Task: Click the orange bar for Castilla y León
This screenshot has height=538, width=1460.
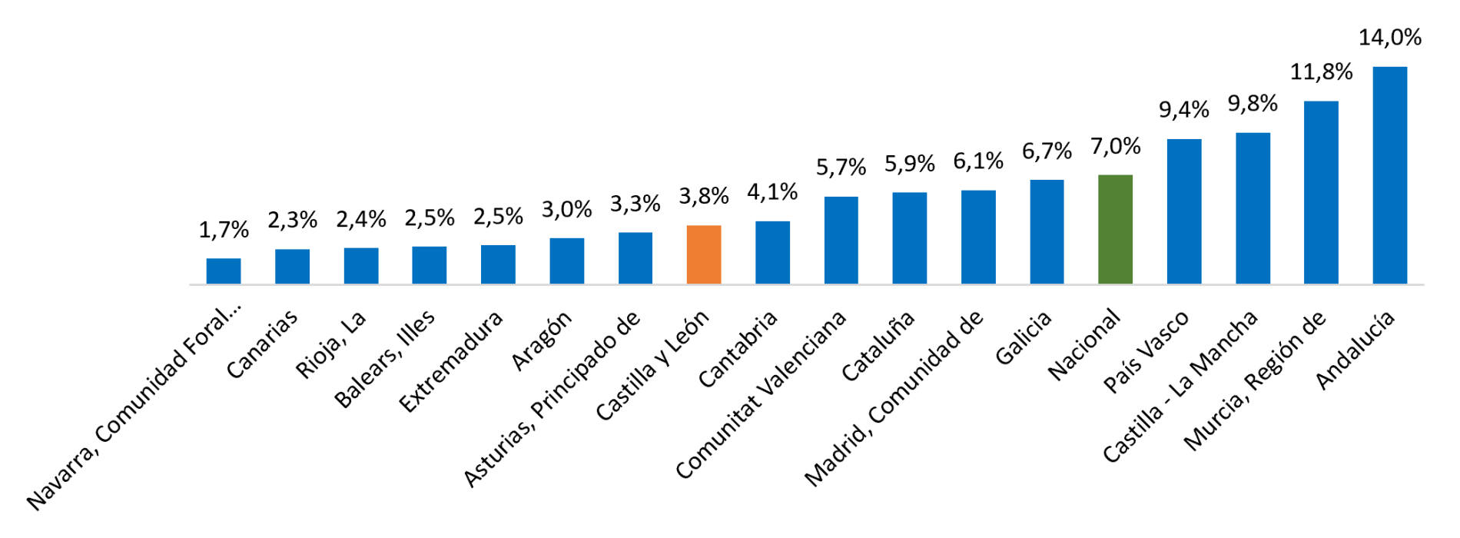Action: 704,254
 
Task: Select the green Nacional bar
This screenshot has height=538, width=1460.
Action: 1115,230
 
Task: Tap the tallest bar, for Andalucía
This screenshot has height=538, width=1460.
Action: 1389,175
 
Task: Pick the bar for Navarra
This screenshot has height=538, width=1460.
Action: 224,271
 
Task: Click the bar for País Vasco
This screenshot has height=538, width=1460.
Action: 1184,211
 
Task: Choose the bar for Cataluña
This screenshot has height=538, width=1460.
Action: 910,238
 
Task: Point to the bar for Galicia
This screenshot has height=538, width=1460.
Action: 1047,232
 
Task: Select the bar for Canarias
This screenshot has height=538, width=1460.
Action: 292,267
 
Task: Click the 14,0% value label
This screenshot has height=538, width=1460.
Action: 1390,38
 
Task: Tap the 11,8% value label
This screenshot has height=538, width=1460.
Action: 1322,72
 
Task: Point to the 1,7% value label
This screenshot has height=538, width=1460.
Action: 224,230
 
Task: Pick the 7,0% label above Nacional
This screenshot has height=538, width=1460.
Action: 1116,146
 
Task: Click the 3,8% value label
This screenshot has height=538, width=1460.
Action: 704,197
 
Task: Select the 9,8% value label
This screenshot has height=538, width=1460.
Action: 1253,104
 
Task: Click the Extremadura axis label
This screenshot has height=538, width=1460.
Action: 451,361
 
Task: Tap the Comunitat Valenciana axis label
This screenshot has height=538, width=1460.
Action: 761,394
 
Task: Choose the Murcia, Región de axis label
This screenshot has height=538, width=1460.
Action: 1255,380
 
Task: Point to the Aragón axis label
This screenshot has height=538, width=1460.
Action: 542,340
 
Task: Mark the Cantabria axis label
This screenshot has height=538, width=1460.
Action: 738,349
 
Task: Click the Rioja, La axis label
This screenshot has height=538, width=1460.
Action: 331,344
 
